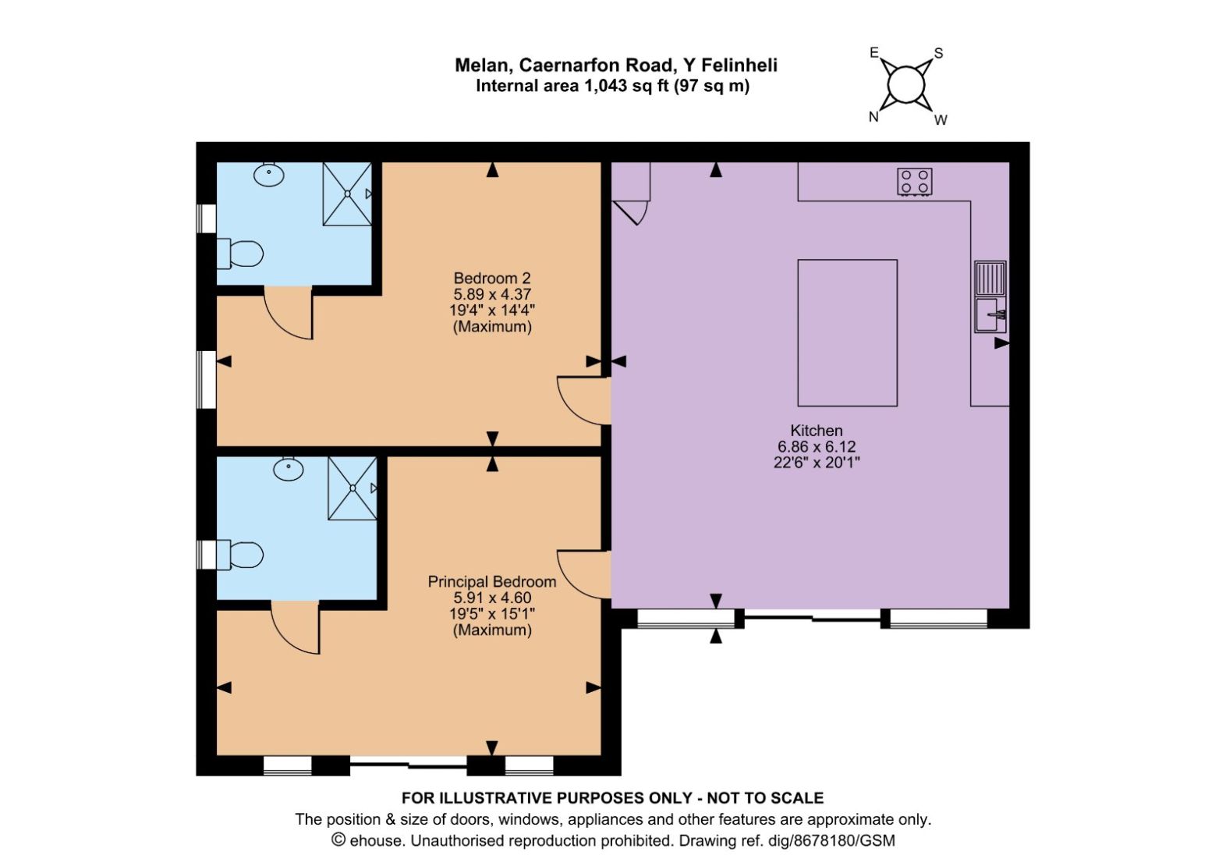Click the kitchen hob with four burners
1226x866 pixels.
915,182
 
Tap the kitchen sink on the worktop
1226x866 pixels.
990,296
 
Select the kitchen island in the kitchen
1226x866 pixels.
847,333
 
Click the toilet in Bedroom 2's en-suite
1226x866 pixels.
239,254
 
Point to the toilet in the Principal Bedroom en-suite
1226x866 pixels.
239,555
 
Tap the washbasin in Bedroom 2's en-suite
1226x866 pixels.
269,174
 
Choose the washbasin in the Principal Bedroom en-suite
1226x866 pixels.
289,469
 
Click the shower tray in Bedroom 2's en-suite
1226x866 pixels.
348,193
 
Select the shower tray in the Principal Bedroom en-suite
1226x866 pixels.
353,488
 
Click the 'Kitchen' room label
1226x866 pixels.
816,430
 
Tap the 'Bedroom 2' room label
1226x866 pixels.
492,278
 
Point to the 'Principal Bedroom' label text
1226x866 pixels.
492,581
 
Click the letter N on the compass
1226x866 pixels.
873,116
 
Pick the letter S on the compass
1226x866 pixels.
938,53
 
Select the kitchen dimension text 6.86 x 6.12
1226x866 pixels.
816,447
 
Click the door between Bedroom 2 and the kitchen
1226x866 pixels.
584,401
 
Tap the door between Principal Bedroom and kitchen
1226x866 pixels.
584,574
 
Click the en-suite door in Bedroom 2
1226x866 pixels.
289,313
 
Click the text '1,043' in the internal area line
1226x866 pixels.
605,86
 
